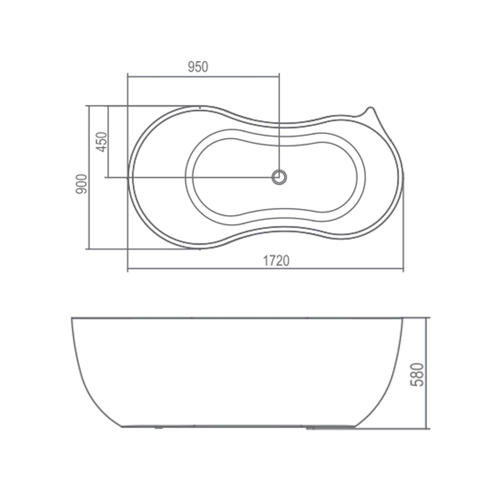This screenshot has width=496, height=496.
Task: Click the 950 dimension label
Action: point(198,67)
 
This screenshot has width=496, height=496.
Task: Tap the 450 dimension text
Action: point(101,142)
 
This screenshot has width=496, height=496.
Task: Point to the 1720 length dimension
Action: point(276,261)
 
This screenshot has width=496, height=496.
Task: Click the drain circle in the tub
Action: point(279,177)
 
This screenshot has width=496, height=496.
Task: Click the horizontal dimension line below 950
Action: point(203,76)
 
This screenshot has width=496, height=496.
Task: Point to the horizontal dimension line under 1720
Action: point(265,269)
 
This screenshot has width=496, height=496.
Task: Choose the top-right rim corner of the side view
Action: point(402,318)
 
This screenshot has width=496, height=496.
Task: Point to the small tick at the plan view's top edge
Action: point(200,108)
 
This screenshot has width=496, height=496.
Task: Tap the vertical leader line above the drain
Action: point(279,124)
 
